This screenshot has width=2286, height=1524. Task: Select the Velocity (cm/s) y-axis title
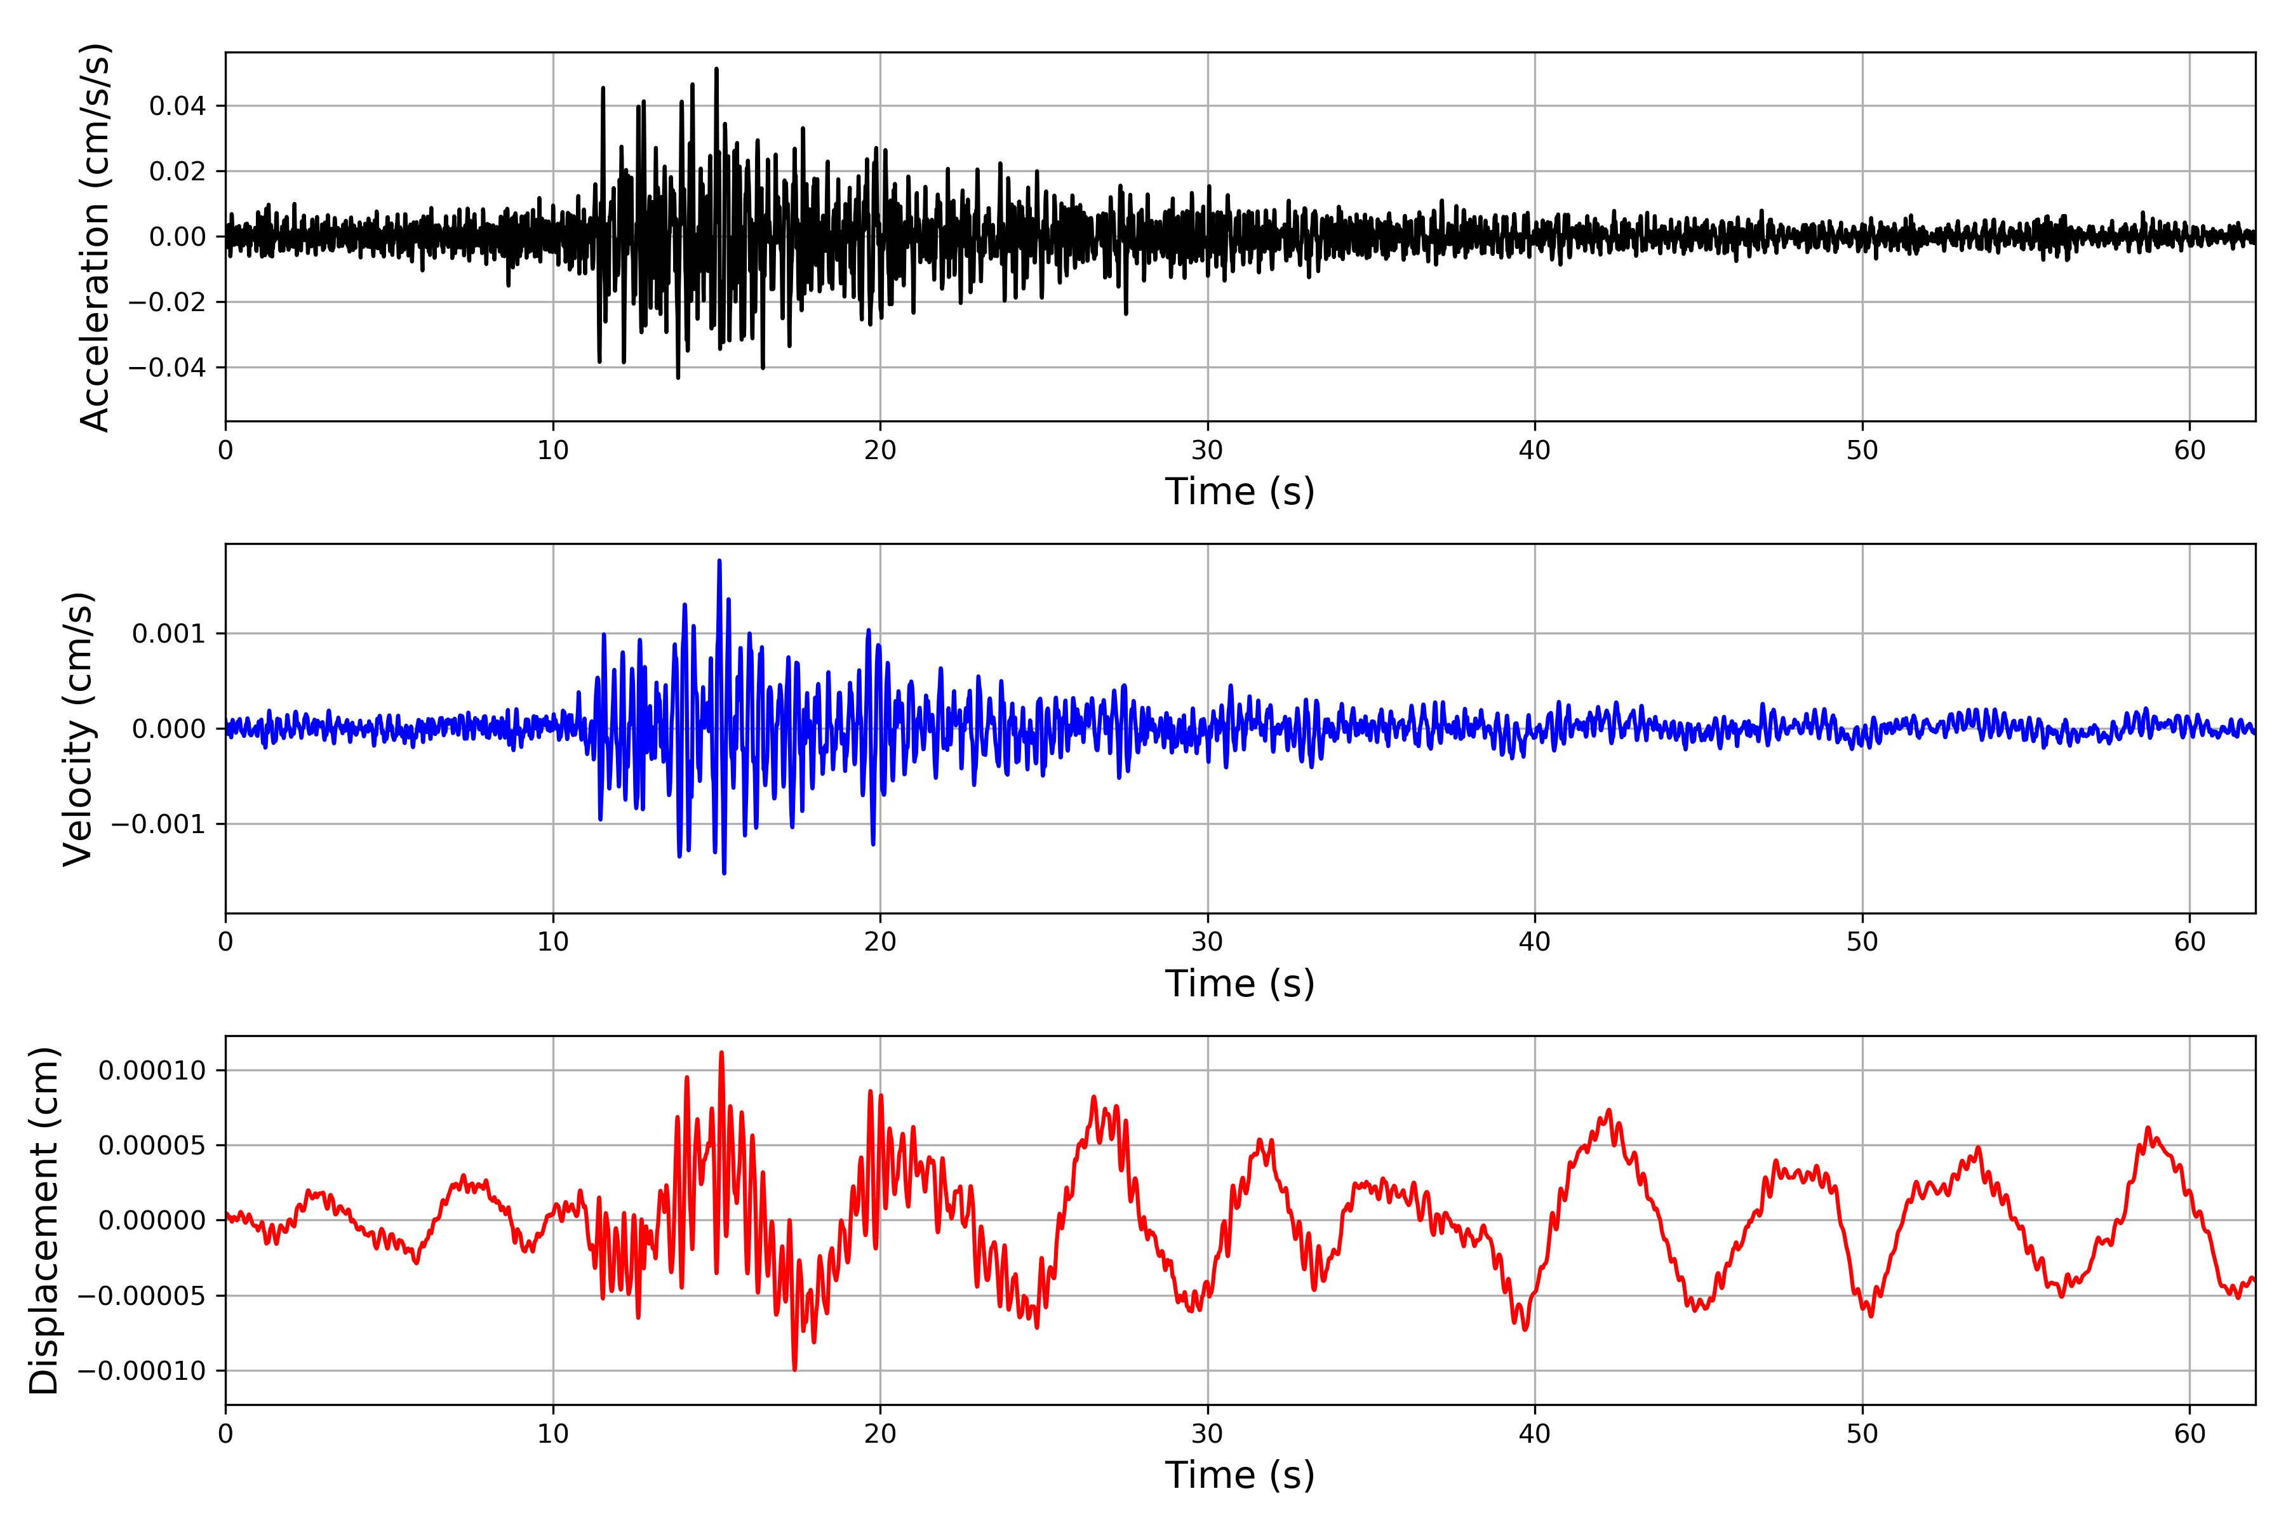(x=77, y=729)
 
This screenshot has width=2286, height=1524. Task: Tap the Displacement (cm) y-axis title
(x=44, y=1220)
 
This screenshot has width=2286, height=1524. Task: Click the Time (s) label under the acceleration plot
(x=1240, y=491)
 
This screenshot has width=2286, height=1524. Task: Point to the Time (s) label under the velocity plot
(x=1240, y=984)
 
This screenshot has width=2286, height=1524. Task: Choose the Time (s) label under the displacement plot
(x=1240, y=1475)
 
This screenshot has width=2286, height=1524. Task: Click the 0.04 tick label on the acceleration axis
(x=177, y=106)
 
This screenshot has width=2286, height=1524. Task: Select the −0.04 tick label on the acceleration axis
(x=167, y=368)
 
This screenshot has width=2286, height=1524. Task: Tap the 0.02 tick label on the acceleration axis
(x=177, y=171)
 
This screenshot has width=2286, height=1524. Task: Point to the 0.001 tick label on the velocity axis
(x=169, y=634)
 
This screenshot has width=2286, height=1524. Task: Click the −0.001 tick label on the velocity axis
(x=159, y=824)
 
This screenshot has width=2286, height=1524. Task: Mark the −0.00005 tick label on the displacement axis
(x=142, y=1295)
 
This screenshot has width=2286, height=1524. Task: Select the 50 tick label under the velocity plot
(x=1862, y=942)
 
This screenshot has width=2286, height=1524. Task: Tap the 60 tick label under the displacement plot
(x=2189, y=1434)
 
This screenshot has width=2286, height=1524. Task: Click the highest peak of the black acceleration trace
(x=716, y=69)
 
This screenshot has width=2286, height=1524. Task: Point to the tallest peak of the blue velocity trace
(x=719, y=561)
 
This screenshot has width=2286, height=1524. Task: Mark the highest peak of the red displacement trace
(x=721, y=1053)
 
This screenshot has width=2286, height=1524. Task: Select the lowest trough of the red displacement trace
(x=794, y=1370)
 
